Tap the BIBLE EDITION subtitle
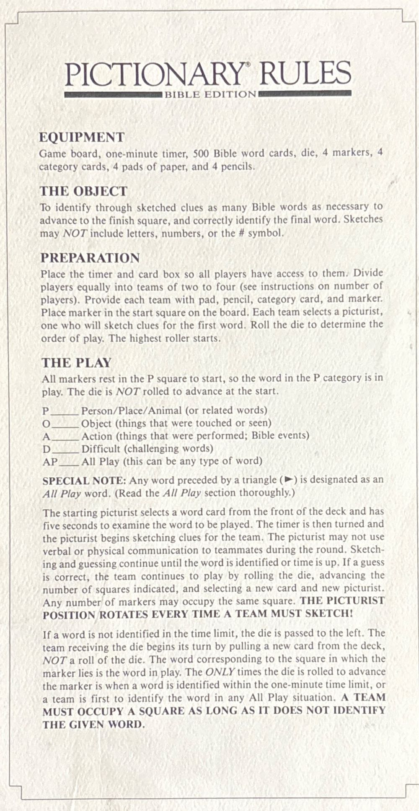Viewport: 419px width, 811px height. click(210, 95)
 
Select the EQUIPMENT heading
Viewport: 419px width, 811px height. click(82, 137)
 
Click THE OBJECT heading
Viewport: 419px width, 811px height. click(83, 191)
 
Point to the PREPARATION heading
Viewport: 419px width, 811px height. click(90, 258)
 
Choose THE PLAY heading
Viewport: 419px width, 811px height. click(76, 363)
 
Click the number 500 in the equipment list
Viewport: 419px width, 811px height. click(201, 153)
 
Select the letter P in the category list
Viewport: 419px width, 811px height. click(46, 411)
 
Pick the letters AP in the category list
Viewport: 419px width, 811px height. click(50, 462)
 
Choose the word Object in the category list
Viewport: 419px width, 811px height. click(96, 423)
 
